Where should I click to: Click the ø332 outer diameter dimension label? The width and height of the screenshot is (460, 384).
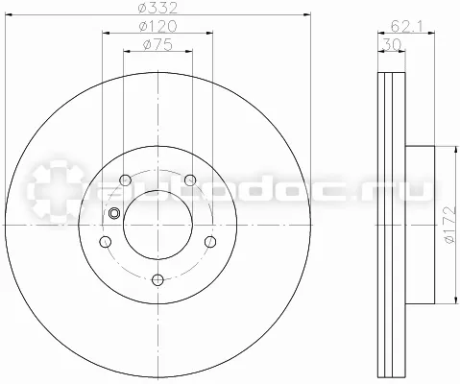click(157, 8)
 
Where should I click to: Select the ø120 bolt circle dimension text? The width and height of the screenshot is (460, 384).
click(157, 26)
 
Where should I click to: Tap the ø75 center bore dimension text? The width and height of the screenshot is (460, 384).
click(157, 44)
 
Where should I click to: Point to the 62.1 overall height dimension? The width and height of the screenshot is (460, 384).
click(406, 26)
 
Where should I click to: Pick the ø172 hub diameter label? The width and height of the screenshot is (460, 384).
click(449, 225)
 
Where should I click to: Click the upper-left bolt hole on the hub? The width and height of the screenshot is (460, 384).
click(125, 180)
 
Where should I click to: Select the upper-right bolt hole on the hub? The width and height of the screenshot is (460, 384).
click(190, 180)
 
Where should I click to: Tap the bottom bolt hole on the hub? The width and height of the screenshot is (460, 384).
click(157, 280)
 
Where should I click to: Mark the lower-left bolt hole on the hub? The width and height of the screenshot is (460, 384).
click(106, 242)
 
